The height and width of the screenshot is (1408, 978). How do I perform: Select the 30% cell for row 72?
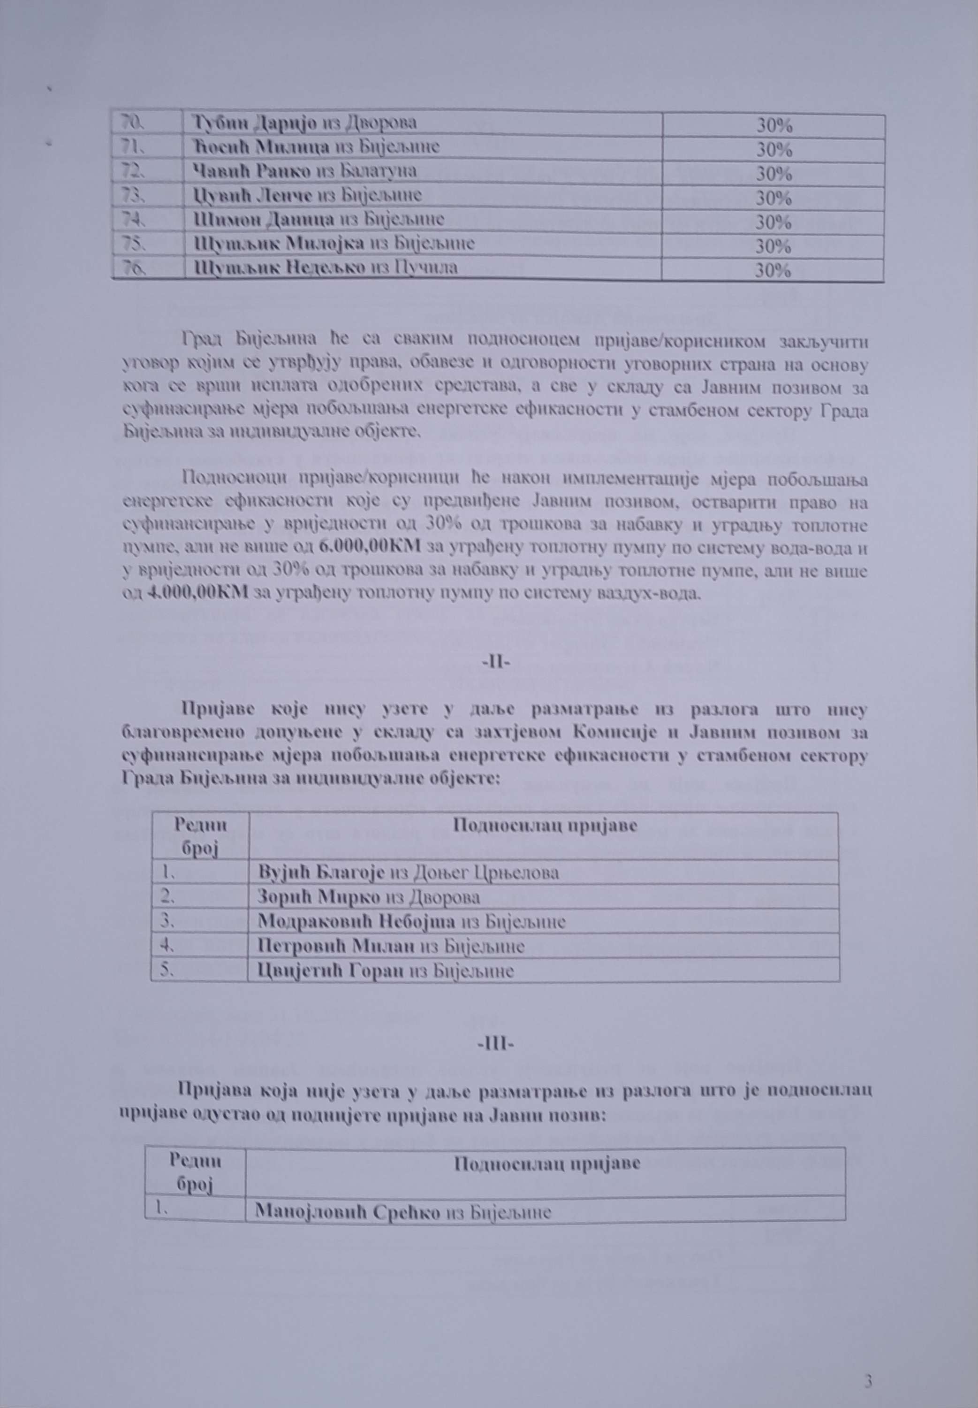(774, 174)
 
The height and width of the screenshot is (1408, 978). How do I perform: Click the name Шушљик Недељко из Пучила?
(325, 268)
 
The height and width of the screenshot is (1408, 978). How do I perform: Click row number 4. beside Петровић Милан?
(164, 945)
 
